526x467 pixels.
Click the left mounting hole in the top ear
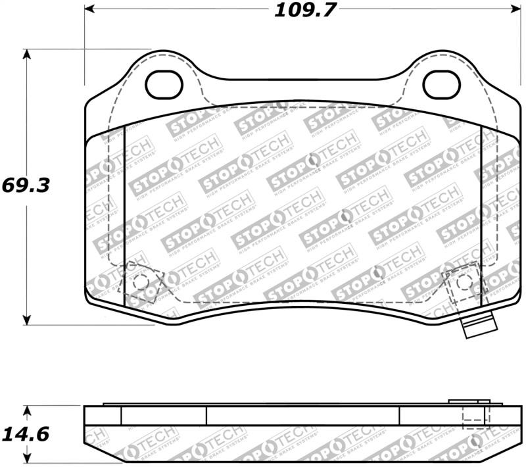162,84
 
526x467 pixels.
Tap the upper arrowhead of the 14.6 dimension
26,410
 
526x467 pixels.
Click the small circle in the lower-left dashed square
139,282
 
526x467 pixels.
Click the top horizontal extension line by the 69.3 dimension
89,49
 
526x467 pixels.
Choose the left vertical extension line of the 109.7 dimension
85,46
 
